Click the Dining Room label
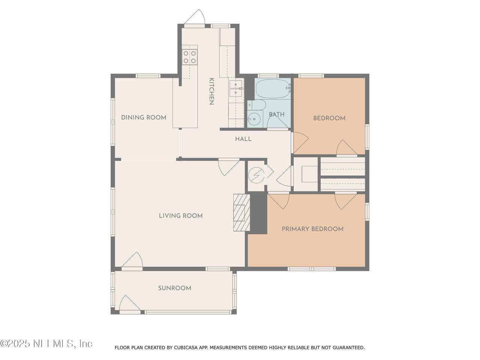(x=144, y=117)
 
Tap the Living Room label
(x=181, y=216)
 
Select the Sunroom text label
(x=175, y=288)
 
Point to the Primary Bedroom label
(x=312, y=229)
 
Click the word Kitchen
(x=211, y=91)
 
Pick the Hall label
(x=243, y=139)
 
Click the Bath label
(x=277, y=114)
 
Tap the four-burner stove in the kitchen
(x=190, y=57)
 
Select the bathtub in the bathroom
(x=273, y=88)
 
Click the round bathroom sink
(x=255, y=119)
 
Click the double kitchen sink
(x=236, y=88)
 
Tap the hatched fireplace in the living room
(x=241, y=213)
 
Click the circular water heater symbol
(x=256, y=175)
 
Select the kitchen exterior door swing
(x=195, y=17)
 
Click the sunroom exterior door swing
(x=130, y=303)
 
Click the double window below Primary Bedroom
(x=312, y=269)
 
